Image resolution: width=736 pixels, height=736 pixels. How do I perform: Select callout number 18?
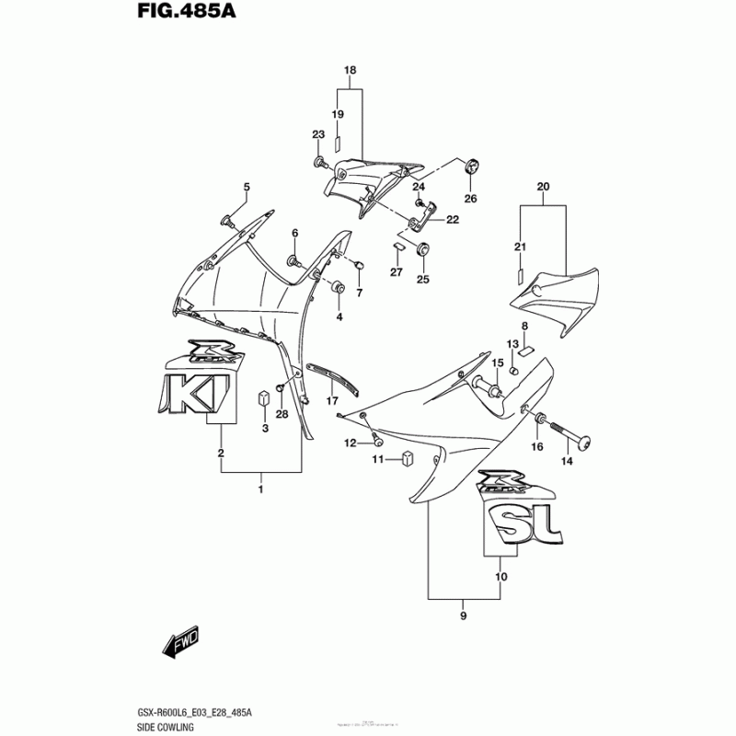[350, 71]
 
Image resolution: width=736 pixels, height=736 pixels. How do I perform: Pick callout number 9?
[464, 615]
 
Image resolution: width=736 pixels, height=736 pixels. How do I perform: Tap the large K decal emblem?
[196, 394]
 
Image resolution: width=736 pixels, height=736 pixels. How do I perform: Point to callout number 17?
[332, 401]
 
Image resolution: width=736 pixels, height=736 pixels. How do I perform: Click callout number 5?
[247, 189]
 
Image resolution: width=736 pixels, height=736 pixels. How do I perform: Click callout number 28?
[282, 414]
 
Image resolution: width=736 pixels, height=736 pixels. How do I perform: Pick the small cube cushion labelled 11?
[407, 457]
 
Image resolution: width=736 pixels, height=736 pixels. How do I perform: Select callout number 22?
[453, 219]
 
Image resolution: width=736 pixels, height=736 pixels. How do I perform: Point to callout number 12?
[350, 443]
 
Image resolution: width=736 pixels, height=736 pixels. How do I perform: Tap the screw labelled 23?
[320, 163]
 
